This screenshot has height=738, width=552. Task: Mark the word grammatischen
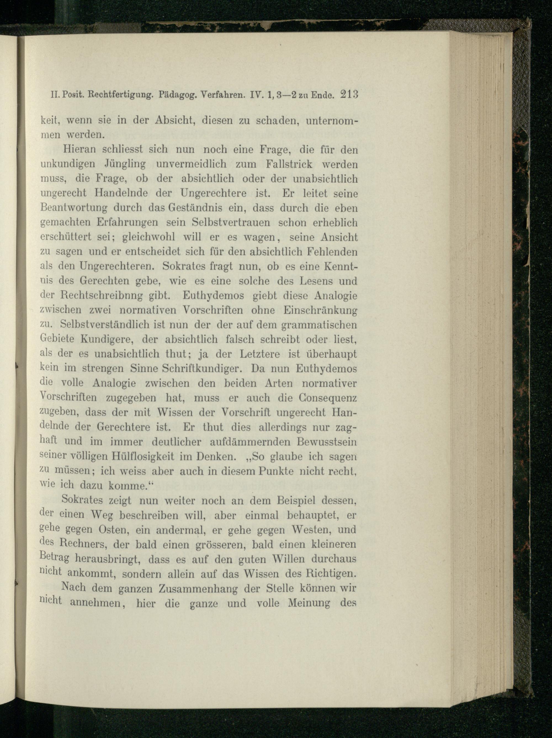[319, 325]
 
